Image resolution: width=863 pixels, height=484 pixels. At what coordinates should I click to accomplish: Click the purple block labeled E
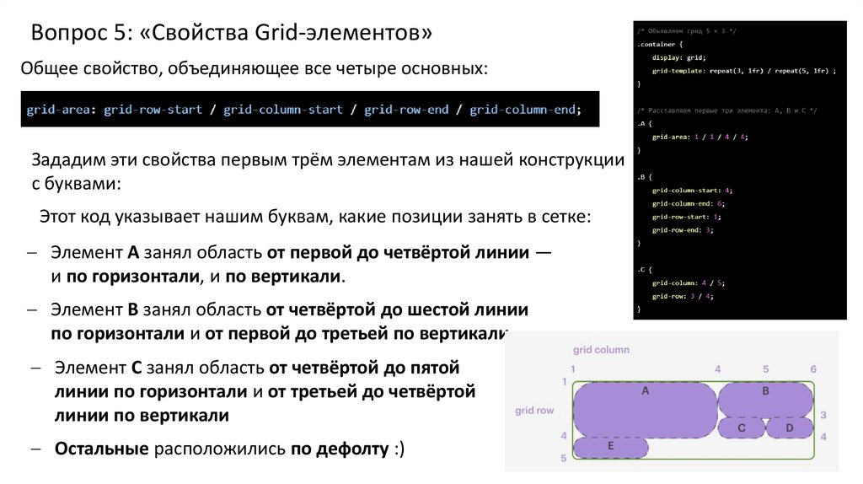tap(610, 447)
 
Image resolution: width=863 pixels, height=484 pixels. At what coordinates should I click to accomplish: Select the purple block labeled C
tap(741, 428)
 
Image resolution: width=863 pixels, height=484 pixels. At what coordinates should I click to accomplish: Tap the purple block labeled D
tap(790, 428)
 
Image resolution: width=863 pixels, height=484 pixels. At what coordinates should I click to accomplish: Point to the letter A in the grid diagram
tap(645, 391)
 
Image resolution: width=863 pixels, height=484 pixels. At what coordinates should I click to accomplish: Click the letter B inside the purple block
tap(765, 391)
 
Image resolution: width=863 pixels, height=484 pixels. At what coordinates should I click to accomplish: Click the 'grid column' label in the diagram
tap(601, 349)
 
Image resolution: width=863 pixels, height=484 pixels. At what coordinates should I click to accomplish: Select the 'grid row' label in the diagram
tap(534, 411)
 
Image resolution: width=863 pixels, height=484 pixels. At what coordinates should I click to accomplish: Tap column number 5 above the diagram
tap(766, 369)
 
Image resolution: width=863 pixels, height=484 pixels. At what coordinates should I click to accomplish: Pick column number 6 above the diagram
tap(813, 369)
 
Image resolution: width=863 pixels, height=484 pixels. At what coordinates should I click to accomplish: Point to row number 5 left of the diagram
tap(564, 458)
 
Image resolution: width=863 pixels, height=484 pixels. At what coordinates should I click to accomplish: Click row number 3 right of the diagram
tap(823, 415)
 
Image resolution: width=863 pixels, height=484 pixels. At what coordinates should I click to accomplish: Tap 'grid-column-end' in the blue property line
tap(523, 110)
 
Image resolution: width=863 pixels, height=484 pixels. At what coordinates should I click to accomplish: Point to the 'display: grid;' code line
tap(678, 57)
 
